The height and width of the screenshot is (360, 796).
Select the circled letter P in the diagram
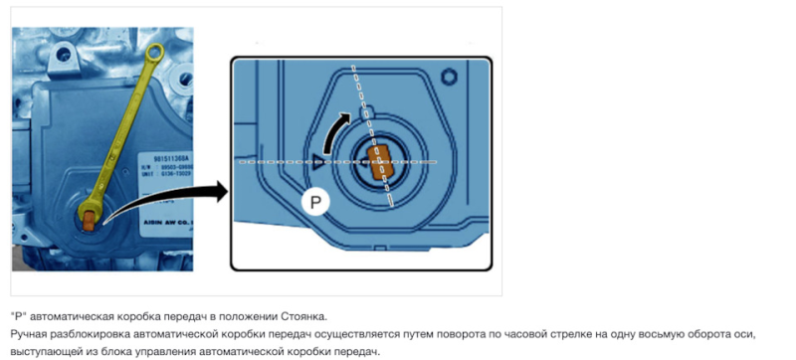point(315,202)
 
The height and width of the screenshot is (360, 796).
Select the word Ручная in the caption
point(30,334)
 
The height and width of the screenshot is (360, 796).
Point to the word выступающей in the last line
point(47,352)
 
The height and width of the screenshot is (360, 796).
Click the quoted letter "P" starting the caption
point(18,315)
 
